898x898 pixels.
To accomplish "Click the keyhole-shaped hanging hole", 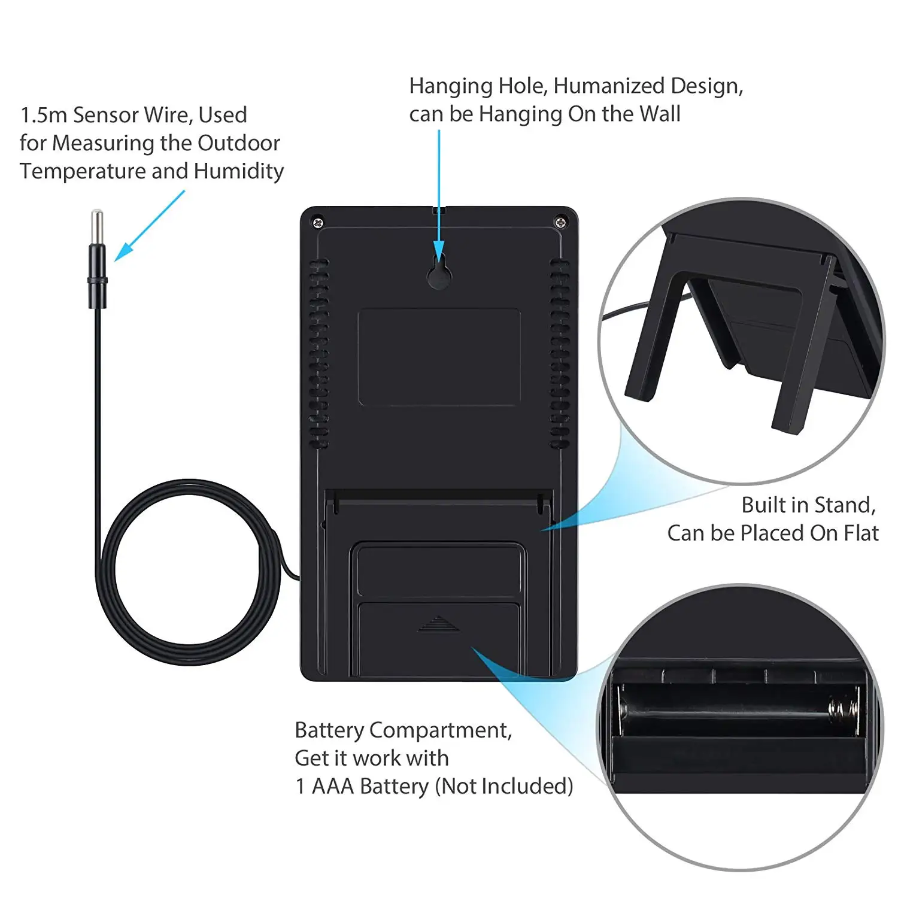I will (x=439, y=274).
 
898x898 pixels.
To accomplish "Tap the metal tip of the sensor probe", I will (x=96, y=226).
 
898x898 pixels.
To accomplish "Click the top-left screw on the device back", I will (x=318, y=223).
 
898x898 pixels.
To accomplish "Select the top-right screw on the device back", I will (x=560, y=223).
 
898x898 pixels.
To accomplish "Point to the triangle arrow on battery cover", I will (x=438, y=624).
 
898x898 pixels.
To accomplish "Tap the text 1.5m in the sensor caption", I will (x=44, y=115).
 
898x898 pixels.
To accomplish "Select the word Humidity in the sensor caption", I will (x=239, y=171).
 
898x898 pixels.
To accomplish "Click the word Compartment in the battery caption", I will (x=440, y=730).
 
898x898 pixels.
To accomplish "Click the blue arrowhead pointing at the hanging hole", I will (x=439, y=250).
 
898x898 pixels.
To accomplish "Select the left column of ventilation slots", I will (x=318, y=353).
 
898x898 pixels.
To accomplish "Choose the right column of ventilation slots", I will (x=560, y=353).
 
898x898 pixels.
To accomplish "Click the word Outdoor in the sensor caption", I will (x=238, y=143).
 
